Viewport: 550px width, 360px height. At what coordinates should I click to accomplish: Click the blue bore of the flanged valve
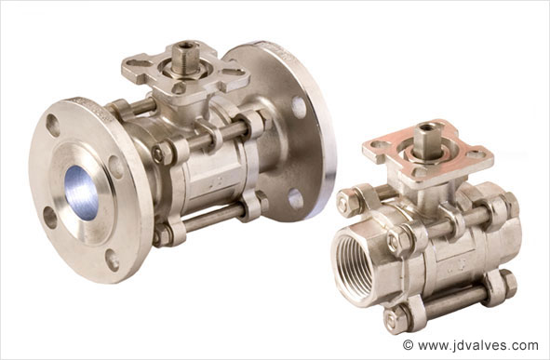click(82, 193)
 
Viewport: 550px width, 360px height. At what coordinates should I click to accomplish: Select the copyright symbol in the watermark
click(408, 345)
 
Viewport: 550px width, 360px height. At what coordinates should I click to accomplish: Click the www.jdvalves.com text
click(478, 345)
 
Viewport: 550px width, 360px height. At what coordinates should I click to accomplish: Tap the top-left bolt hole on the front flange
click(53, 126)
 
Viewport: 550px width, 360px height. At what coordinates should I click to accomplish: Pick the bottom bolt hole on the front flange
click(113, 260)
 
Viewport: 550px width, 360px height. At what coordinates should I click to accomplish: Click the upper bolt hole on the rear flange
click(299, 108)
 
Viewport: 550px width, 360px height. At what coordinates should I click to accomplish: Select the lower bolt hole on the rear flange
click(296, 199)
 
